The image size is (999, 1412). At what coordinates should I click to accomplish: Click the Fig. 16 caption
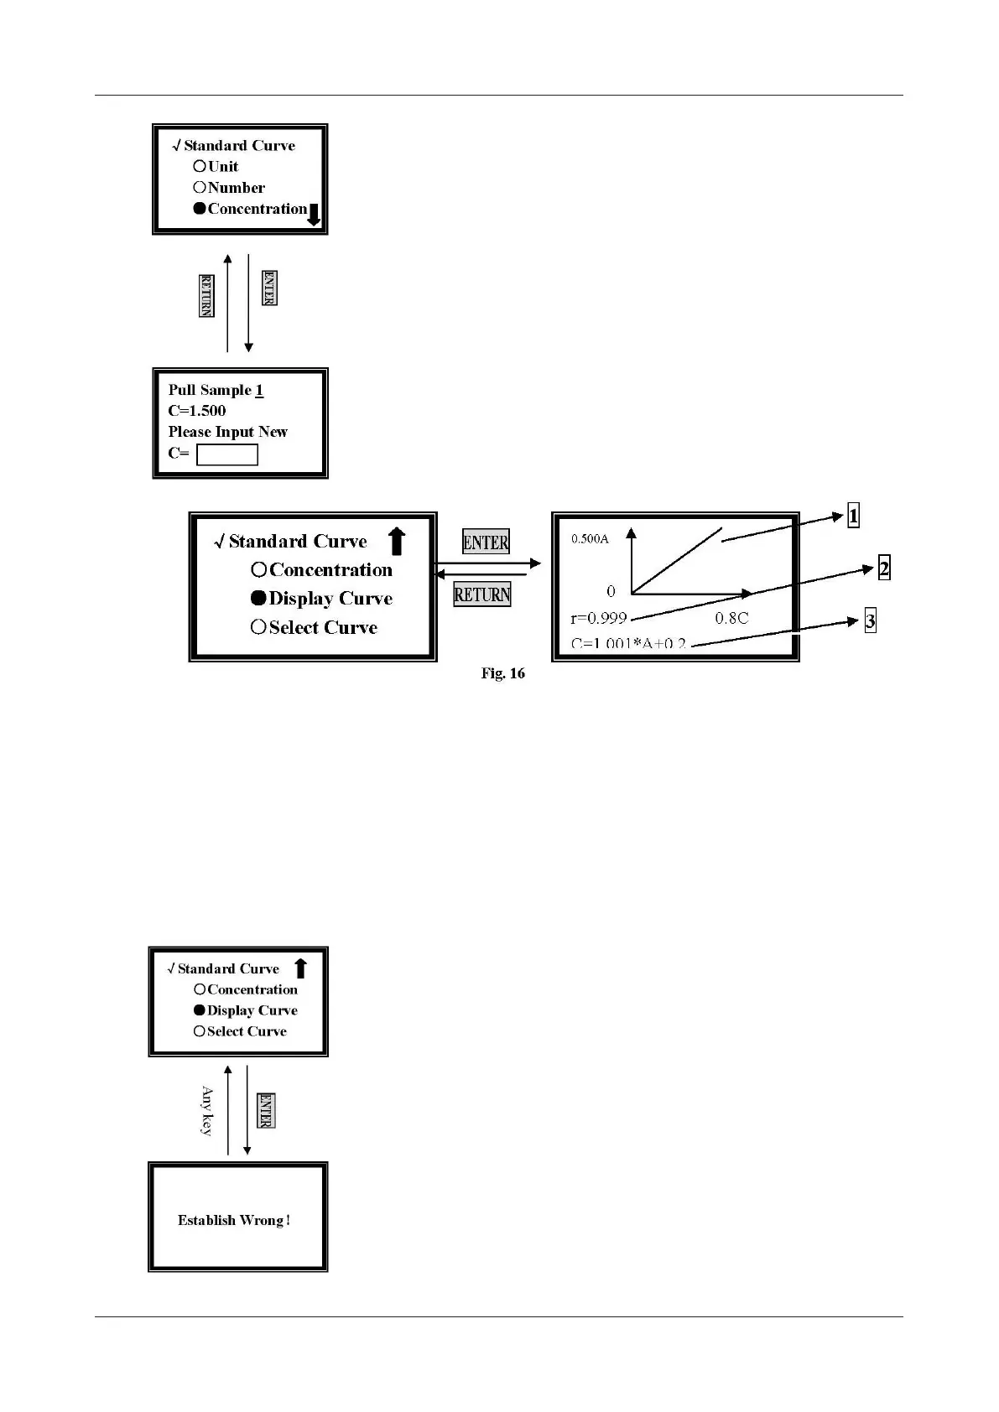[502, 673]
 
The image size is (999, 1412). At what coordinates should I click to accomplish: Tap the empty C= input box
[226, 454]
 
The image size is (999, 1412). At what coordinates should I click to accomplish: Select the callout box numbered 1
[853, 516]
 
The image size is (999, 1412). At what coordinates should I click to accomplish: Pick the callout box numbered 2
[883, 568]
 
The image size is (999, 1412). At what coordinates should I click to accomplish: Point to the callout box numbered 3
[870, 621]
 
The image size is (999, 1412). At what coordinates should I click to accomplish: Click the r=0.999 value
[599, 618]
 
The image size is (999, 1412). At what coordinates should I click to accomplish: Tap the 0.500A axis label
[590, 539]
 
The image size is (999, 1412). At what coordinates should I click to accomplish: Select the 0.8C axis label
[731, 618]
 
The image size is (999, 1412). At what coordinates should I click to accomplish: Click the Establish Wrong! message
[234, 1220]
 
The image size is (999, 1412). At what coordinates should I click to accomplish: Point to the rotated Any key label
[206, 1110]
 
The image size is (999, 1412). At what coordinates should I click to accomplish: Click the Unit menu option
[223, 167]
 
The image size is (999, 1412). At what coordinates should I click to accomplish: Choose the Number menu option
[236, 188]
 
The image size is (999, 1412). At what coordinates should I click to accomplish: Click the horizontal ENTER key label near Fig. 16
[486, 542]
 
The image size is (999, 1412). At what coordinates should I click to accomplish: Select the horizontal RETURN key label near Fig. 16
[482, 594]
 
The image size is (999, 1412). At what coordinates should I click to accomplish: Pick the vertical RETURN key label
[206, 296]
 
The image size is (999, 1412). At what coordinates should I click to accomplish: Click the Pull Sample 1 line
[216, 390]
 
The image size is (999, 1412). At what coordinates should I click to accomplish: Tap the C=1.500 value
[197, 411]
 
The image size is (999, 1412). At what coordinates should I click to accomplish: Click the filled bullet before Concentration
[200, 209]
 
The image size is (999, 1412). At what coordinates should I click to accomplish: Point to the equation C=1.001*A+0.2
[628, 644]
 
